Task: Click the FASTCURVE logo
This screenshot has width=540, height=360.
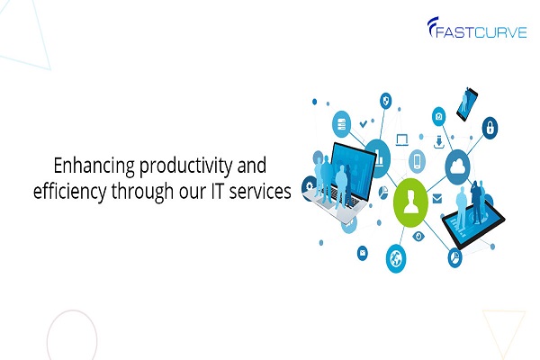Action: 477,27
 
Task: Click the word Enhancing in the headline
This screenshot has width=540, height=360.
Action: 94,166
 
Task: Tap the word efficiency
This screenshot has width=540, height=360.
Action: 70,192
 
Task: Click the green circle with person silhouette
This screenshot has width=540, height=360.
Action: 410,202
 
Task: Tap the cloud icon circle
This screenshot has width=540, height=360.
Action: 458,167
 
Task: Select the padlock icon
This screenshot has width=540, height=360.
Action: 490,128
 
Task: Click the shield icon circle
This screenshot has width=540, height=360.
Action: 386,101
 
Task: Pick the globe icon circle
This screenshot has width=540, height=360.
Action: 396,258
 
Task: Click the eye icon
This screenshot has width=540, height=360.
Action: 418,237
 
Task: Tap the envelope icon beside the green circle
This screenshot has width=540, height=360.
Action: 437,199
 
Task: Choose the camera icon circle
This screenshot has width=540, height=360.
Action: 439,116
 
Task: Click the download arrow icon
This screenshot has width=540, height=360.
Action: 439,142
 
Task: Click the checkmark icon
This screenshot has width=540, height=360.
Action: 363,123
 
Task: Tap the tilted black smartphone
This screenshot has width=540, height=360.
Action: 467,104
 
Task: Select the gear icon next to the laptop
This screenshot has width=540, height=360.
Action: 309,187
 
